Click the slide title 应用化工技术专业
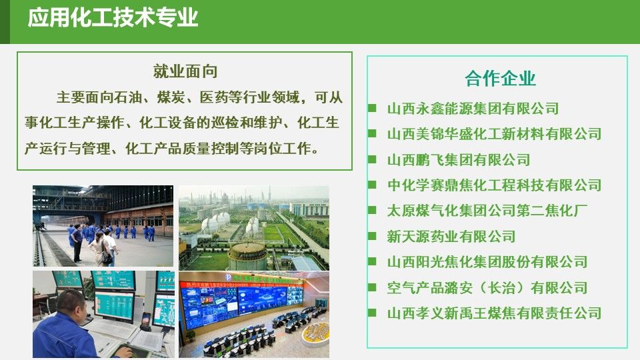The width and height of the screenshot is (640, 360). pyautogui.click(x=113, y=18)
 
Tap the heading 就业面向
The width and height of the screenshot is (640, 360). pyautogui.click(x=185, y=71)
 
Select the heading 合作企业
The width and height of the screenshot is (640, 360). pyautogui.click(x=500, y=78)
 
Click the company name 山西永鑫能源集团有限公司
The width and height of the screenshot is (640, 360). pyautogui.click(x=473, y=109)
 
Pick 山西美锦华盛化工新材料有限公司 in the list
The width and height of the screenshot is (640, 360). pyautogui.click(x=494, y=134)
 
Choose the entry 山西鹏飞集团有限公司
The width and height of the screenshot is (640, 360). pyautogui.click(x=459, y=159)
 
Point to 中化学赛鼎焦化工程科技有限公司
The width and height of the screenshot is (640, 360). pyautogui.click(x=494, y=185)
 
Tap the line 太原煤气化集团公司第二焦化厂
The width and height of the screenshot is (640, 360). pyautogui.click(x=487, y=211)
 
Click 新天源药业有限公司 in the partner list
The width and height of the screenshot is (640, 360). pyautogui.click(x=451, y=236)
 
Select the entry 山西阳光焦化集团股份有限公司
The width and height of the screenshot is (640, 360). pyautogui.click(x=487, y=262)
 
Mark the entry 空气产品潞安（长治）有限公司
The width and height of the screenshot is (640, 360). pyautogui.click(x=487, y=288)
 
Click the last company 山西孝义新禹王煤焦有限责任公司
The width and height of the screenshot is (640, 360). pyautogui.click(x=494, y=313)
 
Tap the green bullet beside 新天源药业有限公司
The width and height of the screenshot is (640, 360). pyautogui.click(x=372, y=235)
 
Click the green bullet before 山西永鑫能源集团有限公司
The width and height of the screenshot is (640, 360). pyautogui.click(x=372, y=108)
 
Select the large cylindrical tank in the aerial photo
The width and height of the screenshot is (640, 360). pyautogui.click(x=247, y=255)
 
